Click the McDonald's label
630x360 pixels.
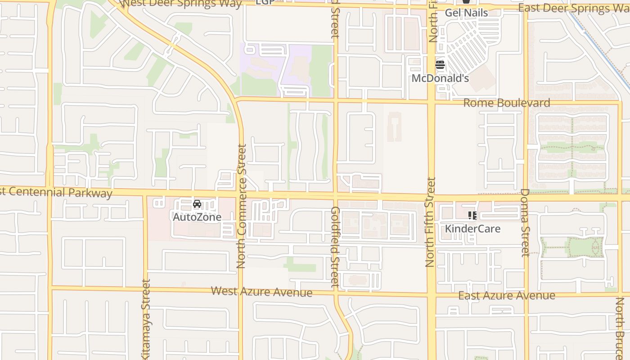(x=440, y=78)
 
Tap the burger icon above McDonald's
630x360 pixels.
(x=440, y=65)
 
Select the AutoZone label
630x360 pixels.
(x=197, y=217)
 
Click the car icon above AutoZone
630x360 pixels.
(x=197, y=204)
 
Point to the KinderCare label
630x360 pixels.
(x=472, y=229)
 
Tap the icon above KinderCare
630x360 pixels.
(x=472, y=216)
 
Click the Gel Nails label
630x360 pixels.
(x=466, y=13)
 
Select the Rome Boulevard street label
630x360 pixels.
(x=507, y=103)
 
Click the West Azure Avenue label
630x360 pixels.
(x=261, y=292)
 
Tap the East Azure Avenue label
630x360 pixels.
(x=507, y=296)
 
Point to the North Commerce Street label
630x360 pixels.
(x=242, y=206)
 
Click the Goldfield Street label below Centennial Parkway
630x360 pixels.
(x=335, y=247)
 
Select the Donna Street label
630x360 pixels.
(x=525, y=222)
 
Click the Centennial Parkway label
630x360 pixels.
(x=56, y=192)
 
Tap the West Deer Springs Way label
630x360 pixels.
(x=182, y=4)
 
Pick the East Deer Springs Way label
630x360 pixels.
(x=574, y=8)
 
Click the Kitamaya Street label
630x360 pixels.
(x=146, y=319)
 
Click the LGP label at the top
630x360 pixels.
(x=265, y=2)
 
